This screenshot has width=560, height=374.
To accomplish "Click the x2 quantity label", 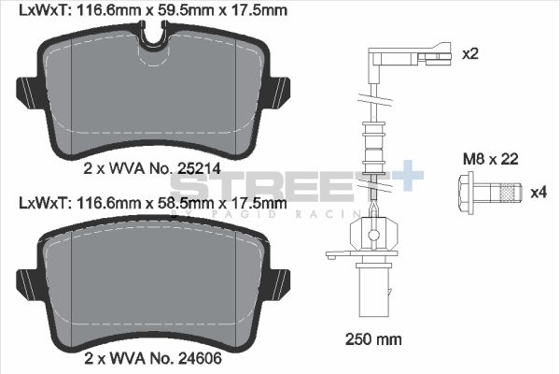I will (x=469, y=54).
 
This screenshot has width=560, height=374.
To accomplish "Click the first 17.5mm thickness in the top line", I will (x=258, y=10).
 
